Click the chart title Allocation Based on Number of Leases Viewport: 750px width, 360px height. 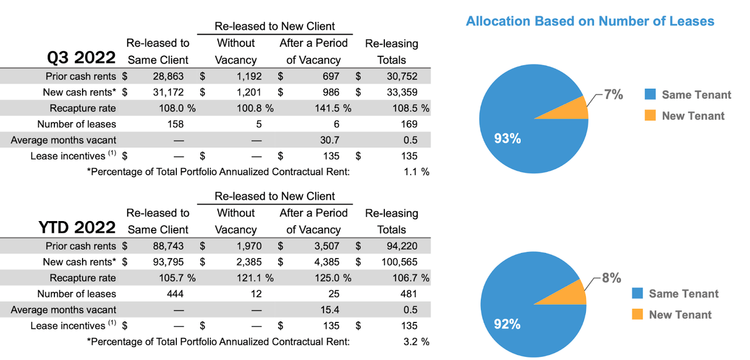pyautogui.click(x=590, y=22)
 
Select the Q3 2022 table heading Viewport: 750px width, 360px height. pyautogui.click(x=81, y=59)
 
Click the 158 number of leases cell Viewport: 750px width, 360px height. pyautogui.click(x=175, y=124)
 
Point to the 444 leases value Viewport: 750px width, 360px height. pyautogui.click(x=175, y=294)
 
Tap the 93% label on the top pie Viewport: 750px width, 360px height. pyautogui.click(x=507, y=139)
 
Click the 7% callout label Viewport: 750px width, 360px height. pyautogui.click(x=613, y=94)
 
